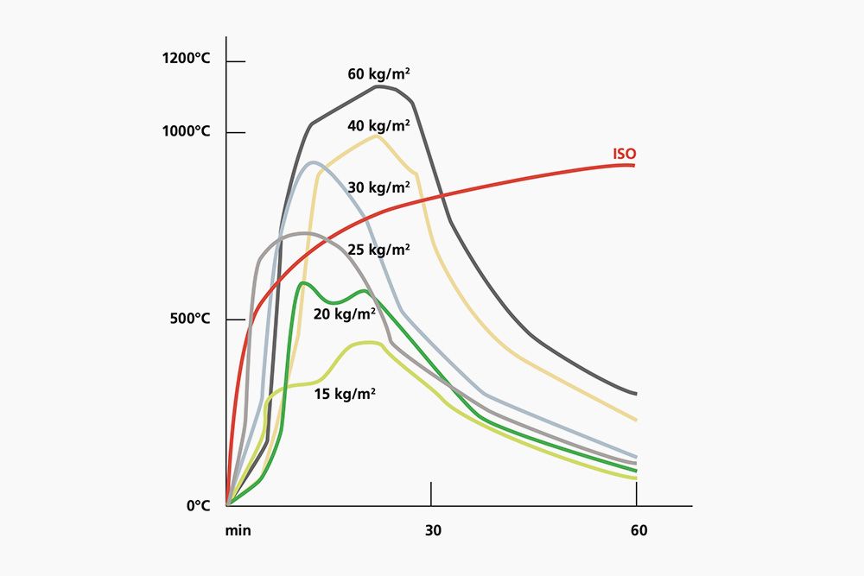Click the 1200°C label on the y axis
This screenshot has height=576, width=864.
186,59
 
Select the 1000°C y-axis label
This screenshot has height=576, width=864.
186,131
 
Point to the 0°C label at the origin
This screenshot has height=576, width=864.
199,505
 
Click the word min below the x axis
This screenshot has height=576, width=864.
238,530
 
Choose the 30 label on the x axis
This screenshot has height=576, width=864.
433,530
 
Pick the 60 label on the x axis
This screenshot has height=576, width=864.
638,530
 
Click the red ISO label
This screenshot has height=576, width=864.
625,155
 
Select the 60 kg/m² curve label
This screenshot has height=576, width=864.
378,74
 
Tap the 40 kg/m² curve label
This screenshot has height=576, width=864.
378,125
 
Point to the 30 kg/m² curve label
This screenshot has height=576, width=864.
378,187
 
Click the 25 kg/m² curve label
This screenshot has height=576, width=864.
378,250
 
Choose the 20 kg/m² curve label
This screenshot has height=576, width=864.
344,314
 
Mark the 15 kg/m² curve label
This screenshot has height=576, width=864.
344,394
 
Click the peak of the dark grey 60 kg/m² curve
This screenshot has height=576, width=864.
378,86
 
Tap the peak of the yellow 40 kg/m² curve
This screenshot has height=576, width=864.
377,136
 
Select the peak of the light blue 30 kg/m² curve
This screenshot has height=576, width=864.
313,162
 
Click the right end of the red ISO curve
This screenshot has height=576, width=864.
635,164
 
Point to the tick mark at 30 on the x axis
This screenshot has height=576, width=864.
431,494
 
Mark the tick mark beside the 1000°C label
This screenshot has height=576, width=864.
235,132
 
